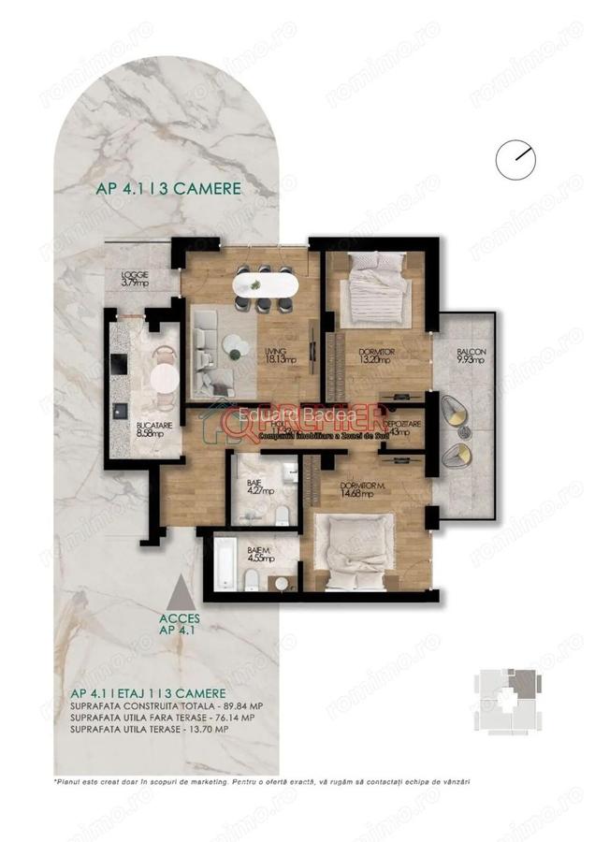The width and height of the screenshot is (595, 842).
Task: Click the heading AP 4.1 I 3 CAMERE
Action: (x=168, y=187)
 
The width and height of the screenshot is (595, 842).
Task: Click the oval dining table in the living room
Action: (x=264, y=283)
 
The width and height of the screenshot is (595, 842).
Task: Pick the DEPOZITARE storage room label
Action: (x=405, y=427)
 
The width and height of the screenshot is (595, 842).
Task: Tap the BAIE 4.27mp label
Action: (x=254, y=486)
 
